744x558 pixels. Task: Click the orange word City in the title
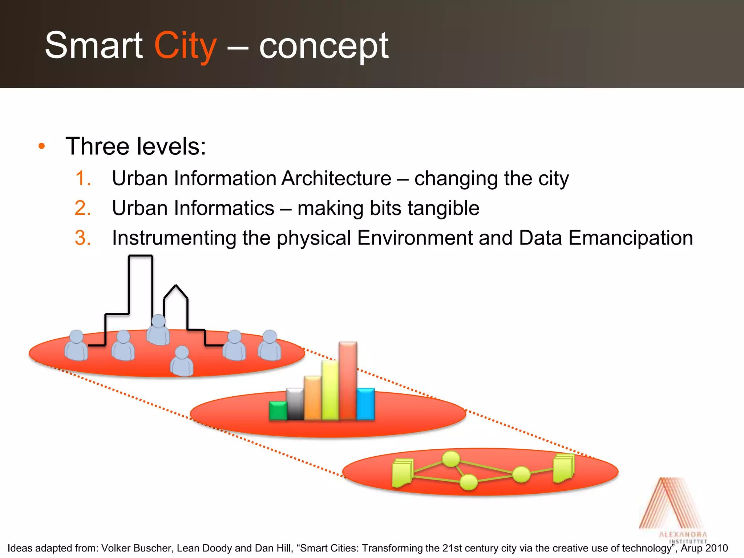[x=185, y=46]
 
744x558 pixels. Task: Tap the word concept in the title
[x=323, y=46]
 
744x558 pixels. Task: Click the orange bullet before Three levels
[x=42, y=146]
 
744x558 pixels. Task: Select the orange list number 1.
[x=83, y=178]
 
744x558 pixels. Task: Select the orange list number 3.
[x=83, y=238]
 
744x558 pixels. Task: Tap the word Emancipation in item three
[x=630, y=238]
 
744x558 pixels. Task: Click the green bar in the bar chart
[x=278, y=411]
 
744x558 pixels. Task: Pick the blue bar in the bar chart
[x=365, y=404]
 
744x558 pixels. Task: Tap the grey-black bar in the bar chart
[x=295, y=404]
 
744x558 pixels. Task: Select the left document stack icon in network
[x=403, y=473]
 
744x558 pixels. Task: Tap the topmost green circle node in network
[x=451, y=459]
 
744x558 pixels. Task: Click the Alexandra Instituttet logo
[x=672, y=509]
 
